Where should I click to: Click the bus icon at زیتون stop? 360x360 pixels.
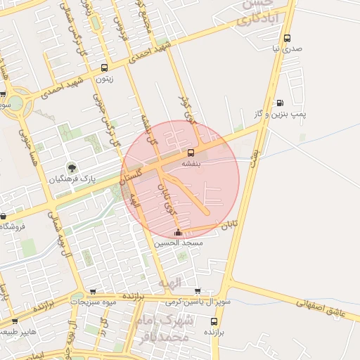click(105, 68)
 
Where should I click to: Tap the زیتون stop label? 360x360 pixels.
click(104, 79)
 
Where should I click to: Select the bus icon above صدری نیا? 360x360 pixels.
click(286, 39)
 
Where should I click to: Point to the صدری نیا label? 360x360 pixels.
click(286, 49)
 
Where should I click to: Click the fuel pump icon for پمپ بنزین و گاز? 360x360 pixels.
click(281, 103)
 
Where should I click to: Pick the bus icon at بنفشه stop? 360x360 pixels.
click(191, 153)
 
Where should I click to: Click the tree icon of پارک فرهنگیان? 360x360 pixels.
click(72, 167)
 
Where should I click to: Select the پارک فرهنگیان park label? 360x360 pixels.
click(71, 179)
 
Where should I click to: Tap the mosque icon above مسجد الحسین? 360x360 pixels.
click(177, 232)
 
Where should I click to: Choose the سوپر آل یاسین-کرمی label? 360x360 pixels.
click(188, 302)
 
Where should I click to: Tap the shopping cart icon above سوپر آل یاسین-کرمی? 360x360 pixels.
click(198, 291)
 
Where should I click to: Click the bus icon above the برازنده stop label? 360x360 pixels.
click(214, 320)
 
